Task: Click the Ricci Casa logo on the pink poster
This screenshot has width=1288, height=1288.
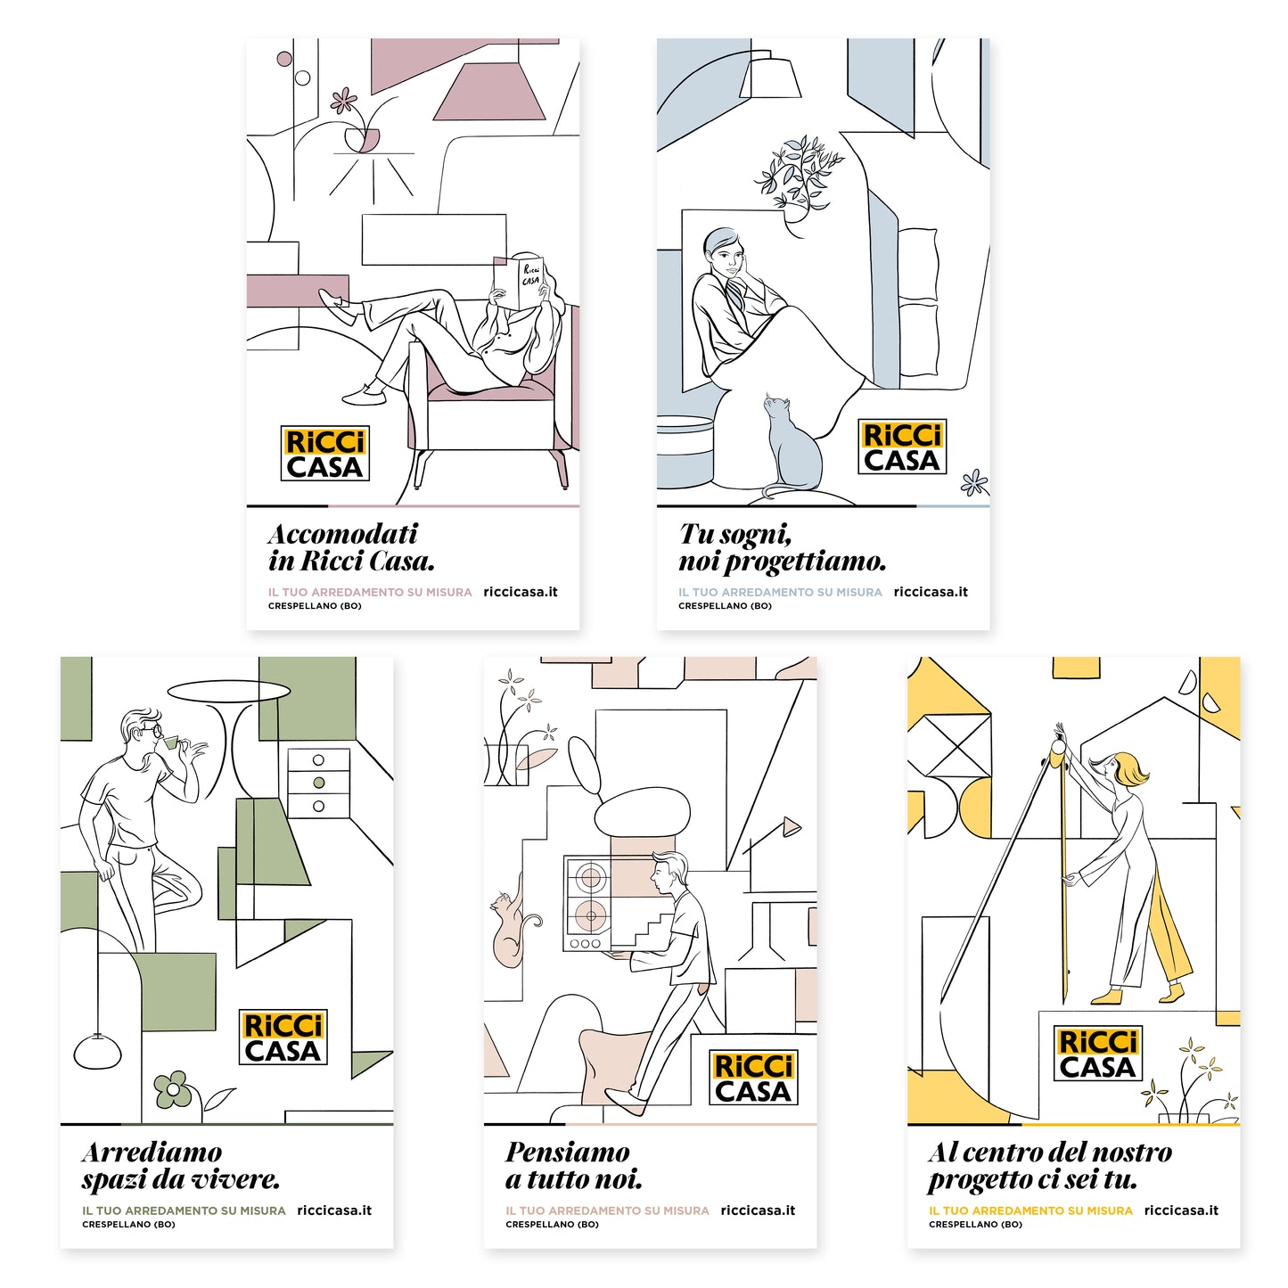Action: tap(324, 453)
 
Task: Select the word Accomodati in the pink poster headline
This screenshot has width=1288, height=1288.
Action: tap(343, 534)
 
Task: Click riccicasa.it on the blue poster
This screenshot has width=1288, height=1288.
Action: tap(931, 592)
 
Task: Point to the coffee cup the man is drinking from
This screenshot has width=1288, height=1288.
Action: tap(169, 742)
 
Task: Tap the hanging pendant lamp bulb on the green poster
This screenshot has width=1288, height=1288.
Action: tap(97, 1051)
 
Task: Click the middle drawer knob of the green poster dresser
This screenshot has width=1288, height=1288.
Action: tap(319, 783)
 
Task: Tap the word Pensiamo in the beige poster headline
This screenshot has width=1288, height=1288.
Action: tap(568, 1153)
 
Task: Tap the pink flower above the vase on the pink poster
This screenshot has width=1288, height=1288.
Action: tap(343, 101)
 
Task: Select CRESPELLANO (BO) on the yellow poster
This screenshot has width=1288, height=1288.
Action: tap(975, 1225)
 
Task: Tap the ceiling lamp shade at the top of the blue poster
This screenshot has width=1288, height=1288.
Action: tap(771, 78)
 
